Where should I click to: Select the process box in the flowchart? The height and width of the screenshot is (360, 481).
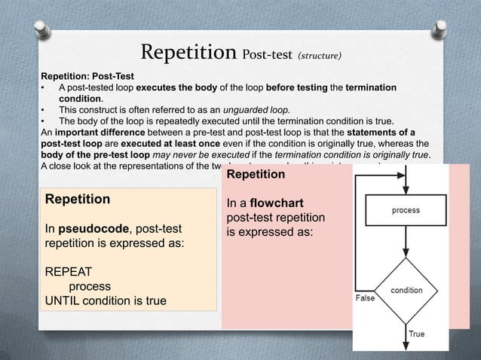pyautogui.click(x=406, y=210)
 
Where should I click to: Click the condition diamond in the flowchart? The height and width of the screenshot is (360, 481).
pyautogui.click(x=406, y=289)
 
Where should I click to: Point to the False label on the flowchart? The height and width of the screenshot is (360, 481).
pyautogui.click(x=365, y=298)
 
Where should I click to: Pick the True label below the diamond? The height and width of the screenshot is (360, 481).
pyautogui.click(x=416, y=334)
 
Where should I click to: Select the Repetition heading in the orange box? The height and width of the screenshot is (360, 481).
pyautogui.click(x=78, y=200)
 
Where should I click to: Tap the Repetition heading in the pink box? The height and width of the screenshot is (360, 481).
pyautogui.click(x=256, y=175)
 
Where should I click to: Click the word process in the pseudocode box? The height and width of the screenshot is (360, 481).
pyautogui.click(x=90, y=287)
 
